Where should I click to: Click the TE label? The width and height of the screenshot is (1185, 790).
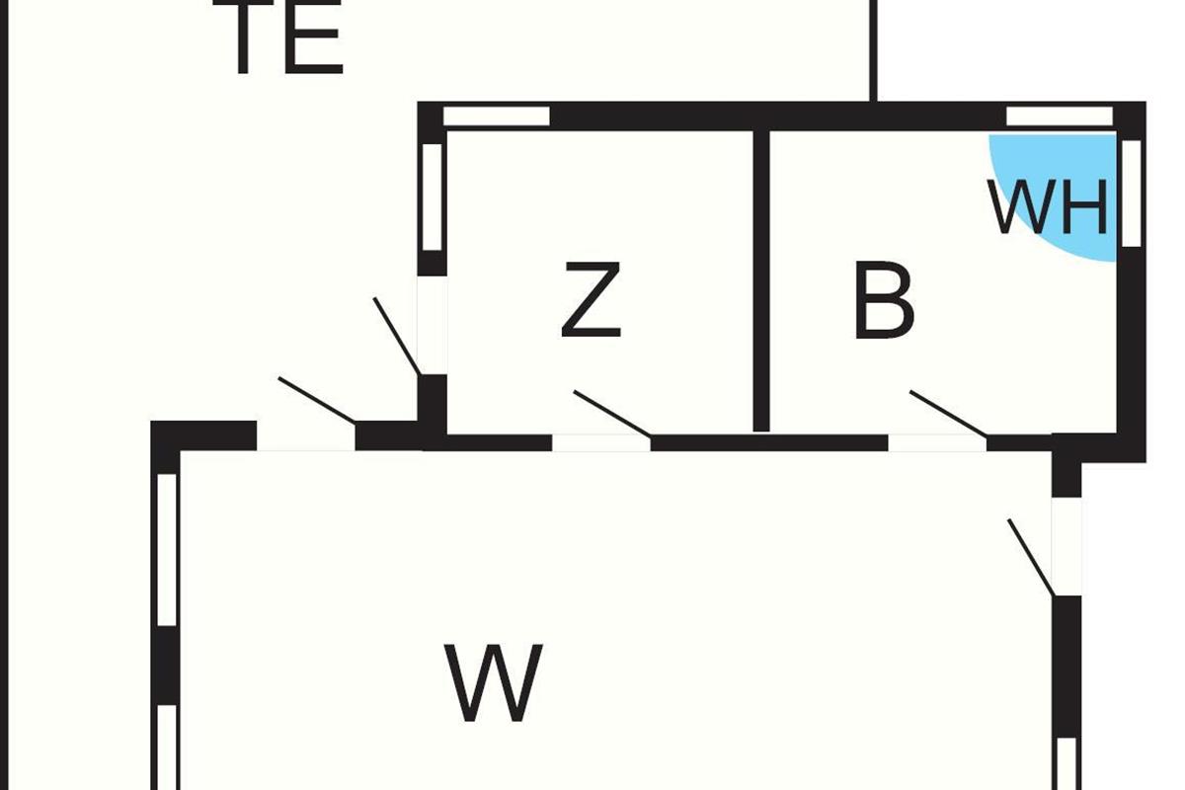[x=286, y=39]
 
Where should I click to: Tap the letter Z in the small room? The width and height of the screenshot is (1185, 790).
[x=591, y=300]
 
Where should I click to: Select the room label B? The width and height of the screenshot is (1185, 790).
[x=884, y=302]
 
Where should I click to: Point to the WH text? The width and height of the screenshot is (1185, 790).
[x=1048, y=208]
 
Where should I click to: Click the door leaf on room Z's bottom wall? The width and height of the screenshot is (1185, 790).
[x=612, y=413]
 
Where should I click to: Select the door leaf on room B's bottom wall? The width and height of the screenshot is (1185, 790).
[x=948, y=413]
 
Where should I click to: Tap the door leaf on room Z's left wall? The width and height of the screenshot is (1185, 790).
[x=397, y=336]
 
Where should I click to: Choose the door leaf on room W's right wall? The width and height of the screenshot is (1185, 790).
[x=1031, y=558]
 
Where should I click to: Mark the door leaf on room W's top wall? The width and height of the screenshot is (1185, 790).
[x=318, y=400]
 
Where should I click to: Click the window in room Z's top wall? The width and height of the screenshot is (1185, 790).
[x=496, y=117]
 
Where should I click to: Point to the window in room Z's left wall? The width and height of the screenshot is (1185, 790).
[x=432, y=197]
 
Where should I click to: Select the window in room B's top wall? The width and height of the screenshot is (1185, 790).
[x=1059, y=117]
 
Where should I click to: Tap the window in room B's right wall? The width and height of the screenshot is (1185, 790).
[x=1132, y=193]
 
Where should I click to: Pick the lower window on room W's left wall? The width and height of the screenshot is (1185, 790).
[x=167, y=747]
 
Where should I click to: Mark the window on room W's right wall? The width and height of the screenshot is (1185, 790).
[x=1066, y=763]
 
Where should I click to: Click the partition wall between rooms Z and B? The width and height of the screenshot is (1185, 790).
[x=760, y=280]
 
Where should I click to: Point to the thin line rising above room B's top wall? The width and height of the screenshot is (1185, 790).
[x=874, y=49]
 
